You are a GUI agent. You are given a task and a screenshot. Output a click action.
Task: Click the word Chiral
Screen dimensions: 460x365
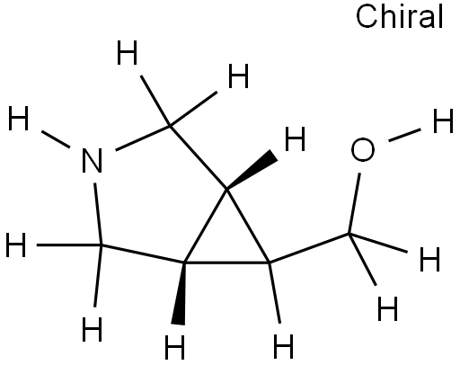[399, 16]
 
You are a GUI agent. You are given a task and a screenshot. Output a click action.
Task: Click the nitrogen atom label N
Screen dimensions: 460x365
[93, 161]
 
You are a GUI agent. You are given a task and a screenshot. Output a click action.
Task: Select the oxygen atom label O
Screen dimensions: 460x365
[363, 149]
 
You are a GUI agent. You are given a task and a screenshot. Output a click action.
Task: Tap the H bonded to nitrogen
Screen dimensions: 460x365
[18, 118]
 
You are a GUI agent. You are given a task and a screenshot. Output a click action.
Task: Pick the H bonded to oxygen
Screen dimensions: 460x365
[443, 120]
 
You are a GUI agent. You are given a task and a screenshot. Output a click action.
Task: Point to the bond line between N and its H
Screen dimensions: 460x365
[56, 139]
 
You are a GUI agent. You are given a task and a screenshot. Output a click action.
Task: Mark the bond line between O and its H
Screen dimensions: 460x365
[404, 135]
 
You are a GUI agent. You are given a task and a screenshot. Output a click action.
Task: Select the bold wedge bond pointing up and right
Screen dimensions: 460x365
[252, 170]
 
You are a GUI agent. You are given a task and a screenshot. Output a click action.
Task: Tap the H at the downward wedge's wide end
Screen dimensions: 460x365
[175, 347]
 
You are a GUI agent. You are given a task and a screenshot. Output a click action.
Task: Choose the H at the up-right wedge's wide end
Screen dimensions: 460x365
[295, 138]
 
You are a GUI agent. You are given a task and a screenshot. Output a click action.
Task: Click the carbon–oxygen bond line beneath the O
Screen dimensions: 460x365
[354, 203]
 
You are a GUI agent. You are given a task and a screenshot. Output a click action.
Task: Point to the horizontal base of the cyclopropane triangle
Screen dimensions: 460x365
[226, 263]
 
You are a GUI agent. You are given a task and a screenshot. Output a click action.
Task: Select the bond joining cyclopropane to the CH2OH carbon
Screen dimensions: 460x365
[309, 248]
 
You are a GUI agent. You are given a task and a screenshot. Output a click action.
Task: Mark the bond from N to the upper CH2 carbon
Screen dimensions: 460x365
[143, 138]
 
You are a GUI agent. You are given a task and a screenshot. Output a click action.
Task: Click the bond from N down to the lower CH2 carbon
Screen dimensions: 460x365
[98, 214]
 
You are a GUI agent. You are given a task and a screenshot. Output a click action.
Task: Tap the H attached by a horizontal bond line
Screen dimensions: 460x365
[16, 245]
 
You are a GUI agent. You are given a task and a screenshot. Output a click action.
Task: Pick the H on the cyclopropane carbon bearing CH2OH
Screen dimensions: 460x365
[283, 347]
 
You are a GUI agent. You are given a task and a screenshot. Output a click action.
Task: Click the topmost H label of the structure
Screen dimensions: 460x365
[127, 52]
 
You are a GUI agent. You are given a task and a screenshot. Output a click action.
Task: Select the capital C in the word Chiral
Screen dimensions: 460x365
[366, 17]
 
